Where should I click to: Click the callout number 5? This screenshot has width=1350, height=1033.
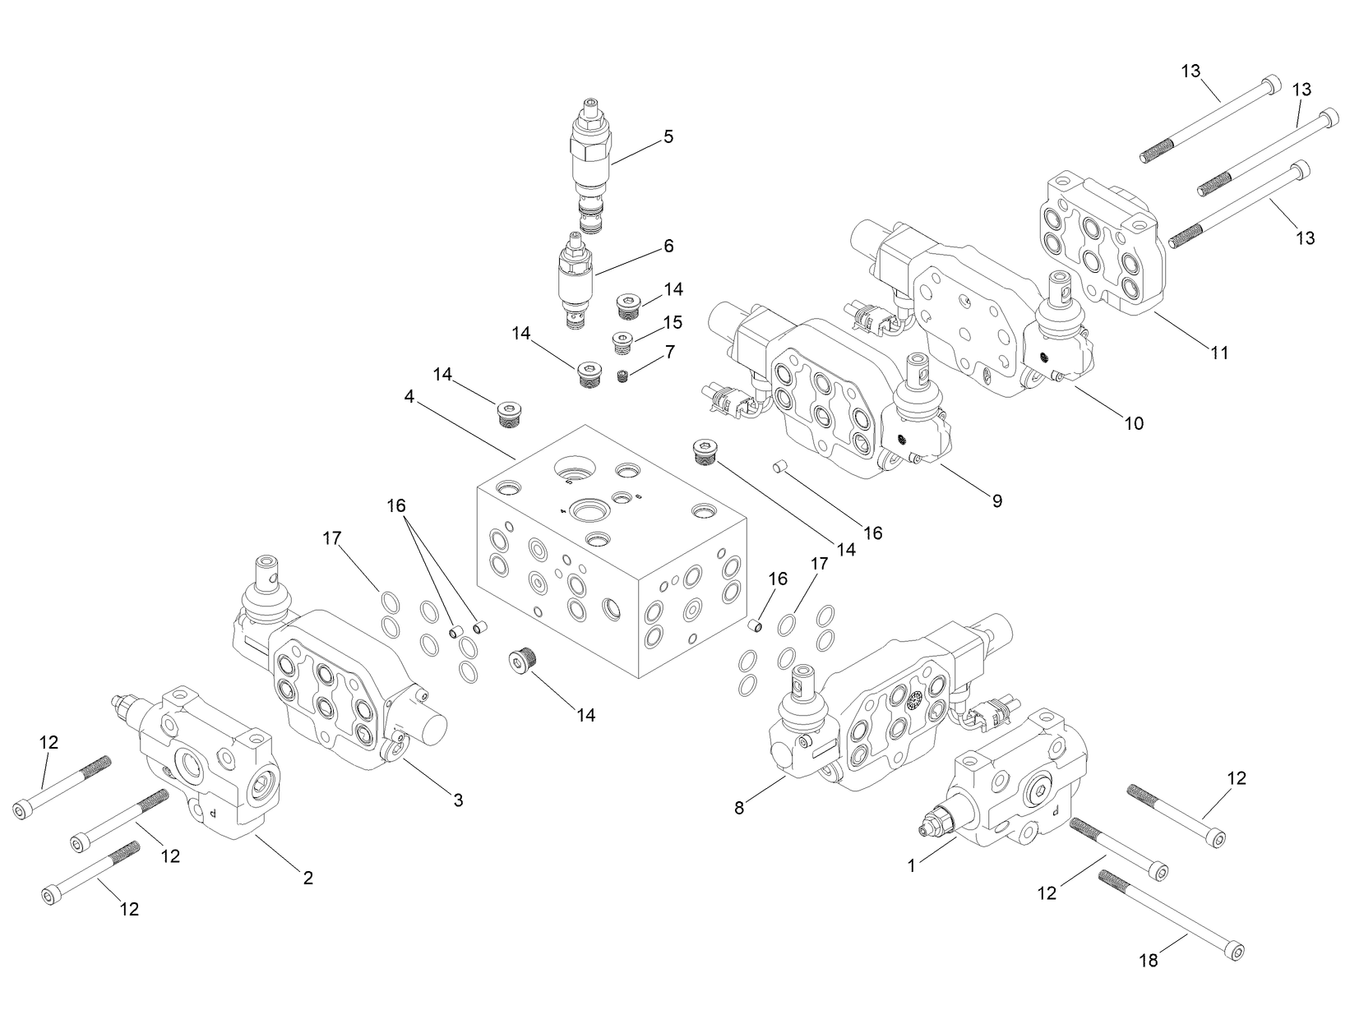tap(668, 136)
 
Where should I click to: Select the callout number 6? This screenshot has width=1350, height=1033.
tap(668, 246)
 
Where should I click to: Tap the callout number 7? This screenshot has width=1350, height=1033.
tap(670, 352)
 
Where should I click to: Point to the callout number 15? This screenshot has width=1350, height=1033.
tap(673, 321)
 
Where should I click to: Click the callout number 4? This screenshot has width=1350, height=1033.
tap(409, 397)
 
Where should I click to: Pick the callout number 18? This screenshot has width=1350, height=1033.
tap(1148, 960)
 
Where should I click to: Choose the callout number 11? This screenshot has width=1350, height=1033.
tap(1219, 353)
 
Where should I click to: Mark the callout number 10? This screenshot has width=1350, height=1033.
tap(1133, 424)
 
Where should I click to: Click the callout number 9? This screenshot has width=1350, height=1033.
tap(996, 500)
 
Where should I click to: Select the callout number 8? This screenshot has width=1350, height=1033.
tap(739, 809)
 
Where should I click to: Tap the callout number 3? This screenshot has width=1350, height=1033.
tap(458, 800)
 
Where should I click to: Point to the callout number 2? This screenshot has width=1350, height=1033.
tap(307, 879)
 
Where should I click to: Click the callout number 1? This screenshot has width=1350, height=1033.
tap(911, 865)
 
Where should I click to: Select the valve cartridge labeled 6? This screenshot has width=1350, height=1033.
tap(574, 279)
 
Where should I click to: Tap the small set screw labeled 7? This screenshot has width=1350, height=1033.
tap(622, 376)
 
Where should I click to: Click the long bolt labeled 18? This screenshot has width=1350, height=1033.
tap(1172, 912)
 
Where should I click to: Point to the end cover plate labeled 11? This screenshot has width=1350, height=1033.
tap(1102, 242)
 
